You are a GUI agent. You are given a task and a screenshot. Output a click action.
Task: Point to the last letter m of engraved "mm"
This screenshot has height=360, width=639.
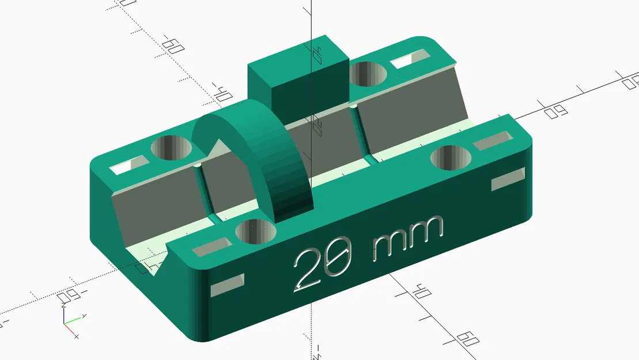[x=425, y=229]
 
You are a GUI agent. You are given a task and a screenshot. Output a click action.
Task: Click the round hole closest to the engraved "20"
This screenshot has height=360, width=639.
[x=256, y=230]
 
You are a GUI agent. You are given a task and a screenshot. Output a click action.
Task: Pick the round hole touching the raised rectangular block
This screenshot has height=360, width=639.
[x=368, y=74]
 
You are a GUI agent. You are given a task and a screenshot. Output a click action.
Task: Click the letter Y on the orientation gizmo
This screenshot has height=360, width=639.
[x=84, y=316]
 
